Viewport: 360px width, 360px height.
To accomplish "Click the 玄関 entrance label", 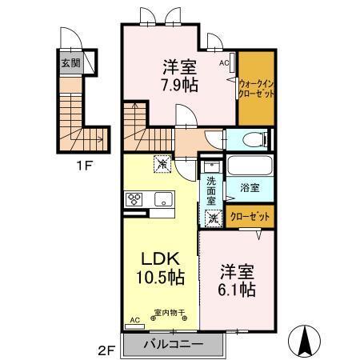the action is click(x=70, y=63).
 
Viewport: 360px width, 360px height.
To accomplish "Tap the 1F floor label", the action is click(x=84, y=166).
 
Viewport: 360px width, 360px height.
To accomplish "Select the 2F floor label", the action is click(x=106, y=350).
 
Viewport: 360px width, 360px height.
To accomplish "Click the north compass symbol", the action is click(x=304, y=342).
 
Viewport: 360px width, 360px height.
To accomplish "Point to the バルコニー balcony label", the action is click(x=173, y=344).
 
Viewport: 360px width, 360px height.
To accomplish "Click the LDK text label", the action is click(x=160, y=258).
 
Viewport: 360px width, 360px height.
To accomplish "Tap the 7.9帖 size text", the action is click(x=180, y=86).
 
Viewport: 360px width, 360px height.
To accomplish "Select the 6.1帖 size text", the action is click(x=237, y=290).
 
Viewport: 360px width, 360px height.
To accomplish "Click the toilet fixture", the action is click(x=255, y=139).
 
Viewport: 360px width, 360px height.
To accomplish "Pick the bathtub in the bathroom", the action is click(x=250, y=165).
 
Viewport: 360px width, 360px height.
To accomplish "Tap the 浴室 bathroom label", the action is click(x=250, y=188).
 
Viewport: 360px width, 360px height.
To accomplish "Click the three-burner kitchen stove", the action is click(x=134, y=199).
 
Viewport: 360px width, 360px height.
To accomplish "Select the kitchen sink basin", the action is click(x=164, y=199).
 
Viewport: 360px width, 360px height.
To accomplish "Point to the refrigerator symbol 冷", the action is click(x=162, y=164).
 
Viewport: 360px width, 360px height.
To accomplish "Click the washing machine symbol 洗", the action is click(x=214, y=218).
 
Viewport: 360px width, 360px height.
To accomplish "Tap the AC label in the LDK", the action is click(x=135, y=320).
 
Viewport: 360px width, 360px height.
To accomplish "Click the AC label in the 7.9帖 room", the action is click(x=224, y=63).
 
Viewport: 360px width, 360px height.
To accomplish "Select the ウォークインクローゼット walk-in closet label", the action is click(x=256, y=89).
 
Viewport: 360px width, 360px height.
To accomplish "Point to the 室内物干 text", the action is click(x=170, y=312).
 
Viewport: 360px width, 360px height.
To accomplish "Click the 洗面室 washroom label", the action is click(x=211, y=191).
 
